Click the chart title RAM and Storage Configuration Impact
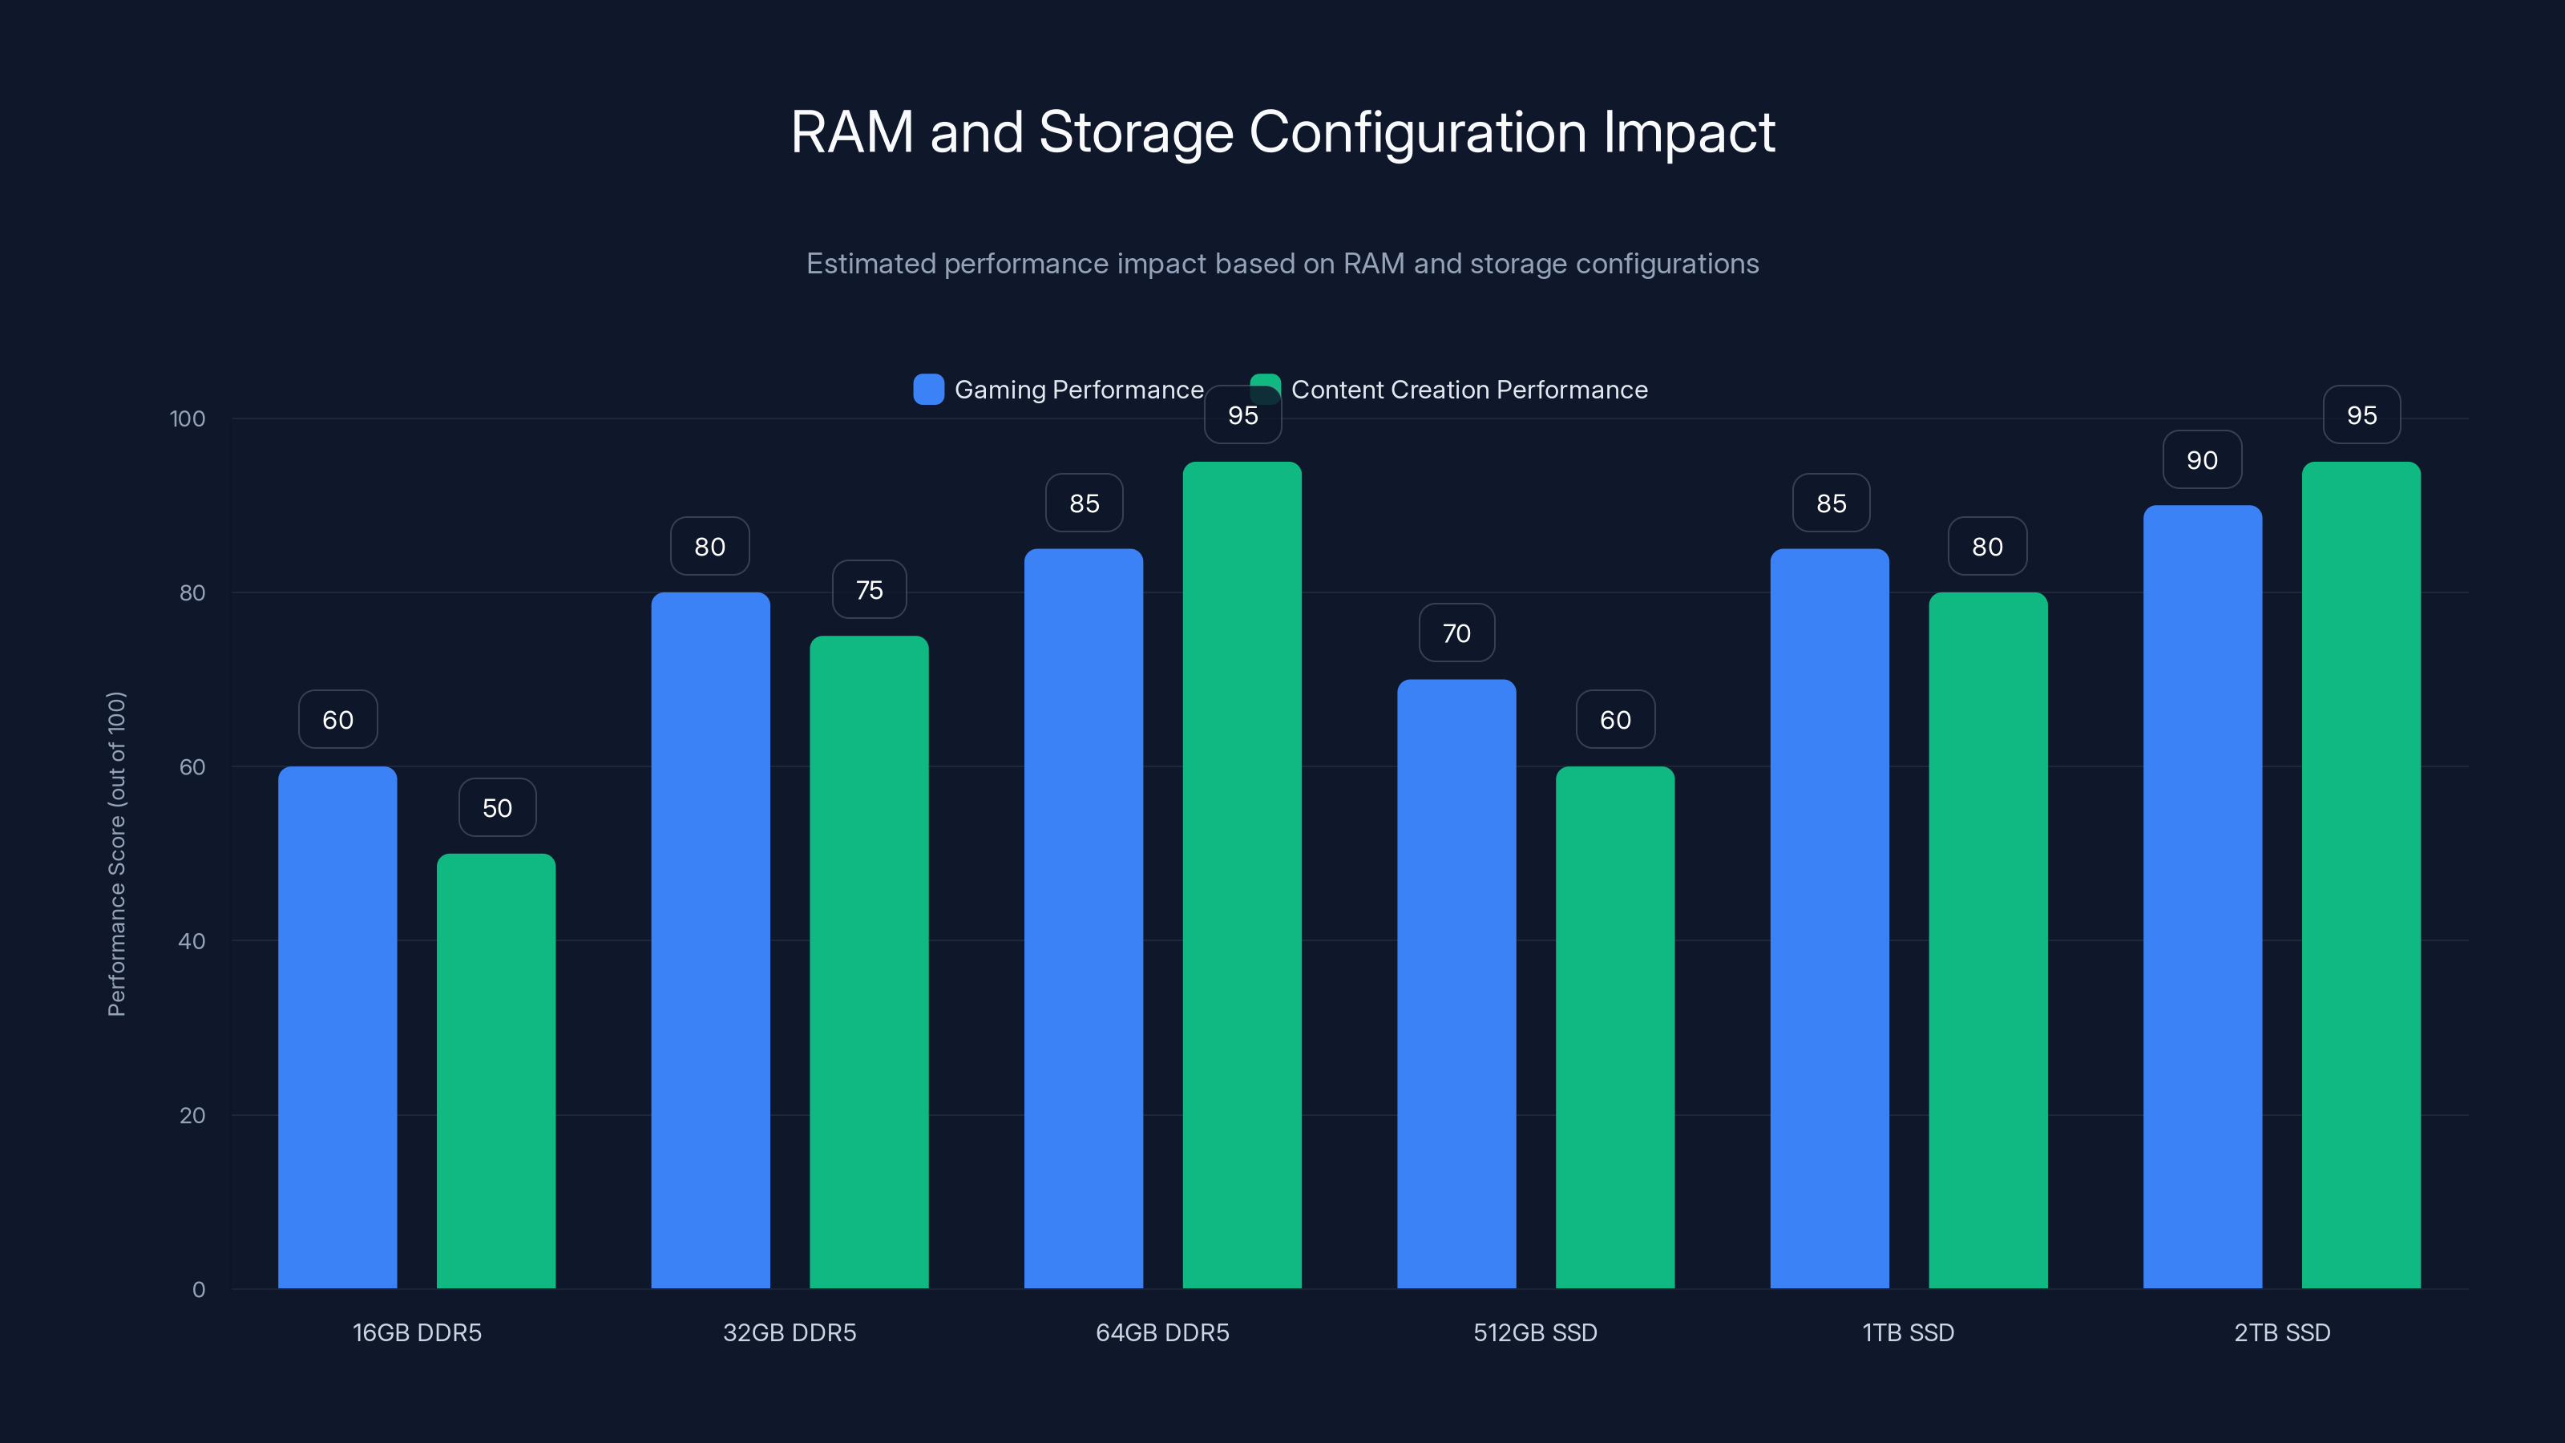click(x=1282, y=132)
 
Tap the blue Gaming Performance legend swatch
click(x=928, y=390)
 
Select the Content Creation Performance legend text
click(x=1468, y=390)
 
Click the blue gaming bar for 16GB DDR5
click(x=337, y=1026)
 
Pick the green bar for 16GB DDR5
click(x=496, y=1070)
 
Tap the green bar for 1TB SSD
click(x=1988, y=940)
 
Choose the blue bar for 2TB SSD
click(x=2202, y=896)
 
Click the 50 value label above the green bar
click(x=497, y=807)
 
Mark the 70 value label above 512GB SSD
click(x=1456, y=633)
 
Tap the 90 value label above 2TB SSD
click(x=2202, y=460)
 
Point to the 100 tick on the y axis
click(x=188, y=418)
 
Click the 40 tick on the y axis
click(x=192, y=941)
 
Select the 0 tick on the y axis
click(x=198, y=1290)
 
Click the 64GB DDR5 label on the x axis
click(x=1162, y=1332)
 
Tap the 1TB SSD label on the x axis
click(x=1908, y=1332)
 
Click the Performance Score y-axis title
click(x=116, y=854)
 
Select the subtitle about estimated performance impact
click(x=1282, y=264)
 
